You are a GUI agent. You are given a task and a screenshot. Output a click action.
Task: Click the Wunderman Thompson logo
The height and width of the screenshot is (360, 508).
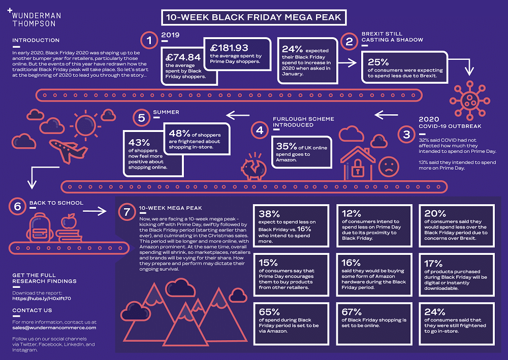34,18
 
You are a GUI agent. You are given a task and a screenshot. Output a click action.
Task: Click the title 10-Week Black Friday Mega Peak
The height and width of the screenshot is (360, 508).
253,17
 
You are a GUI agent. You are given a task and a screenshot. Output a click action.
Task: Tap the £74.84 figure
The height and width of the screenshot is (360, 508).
183,57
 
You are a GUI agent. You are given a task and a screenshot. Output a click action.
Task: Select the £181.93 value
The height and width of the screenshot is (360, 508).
229,48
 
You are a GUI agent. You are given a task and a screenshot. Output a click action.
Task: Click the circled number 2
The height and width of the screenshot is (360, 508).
350,41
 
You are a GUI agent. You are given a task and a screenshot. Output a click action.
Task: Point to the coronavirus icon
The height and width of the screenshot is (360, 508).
469,101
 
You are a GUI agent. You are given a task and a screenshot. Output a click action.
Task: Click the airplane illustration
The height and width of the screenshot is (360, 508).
68,150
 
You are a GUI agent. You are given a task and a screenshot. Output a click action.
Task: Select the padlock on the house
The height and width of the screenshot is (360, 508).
357,167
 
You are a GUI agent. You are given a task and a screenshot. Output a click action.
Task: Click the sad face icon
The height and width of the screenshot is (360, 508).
389,167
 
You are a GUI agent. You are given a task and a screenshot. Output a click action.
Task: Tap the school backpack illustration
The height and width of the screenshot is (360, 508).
41,227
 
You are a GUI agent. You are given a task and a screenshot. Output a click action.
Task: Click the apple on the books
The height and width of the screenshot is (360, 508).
69,221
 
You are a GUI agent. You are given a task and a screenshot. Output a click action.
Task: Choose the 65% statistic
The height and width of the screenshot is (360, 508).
269,312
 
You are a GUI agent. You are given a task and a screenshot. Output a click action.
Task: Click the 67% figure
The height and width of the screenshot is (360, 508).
352,312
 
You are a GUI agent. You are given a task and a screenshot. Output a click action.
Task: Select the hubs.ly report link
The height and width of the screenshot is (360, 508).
42,299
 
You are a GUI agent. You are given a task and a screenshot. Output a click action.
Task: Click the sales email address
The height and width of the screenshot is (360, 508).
54,328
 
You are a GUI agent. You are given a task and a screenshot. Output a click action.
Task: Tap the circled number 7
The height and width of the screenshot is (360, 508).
127,212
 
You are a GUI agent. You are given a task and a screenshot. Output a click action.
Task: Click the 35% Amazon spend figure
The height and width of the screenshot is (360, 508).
287,146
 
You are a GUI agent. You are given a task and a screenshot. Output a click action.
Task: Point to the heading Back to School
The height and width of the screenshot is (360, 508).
56,203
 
